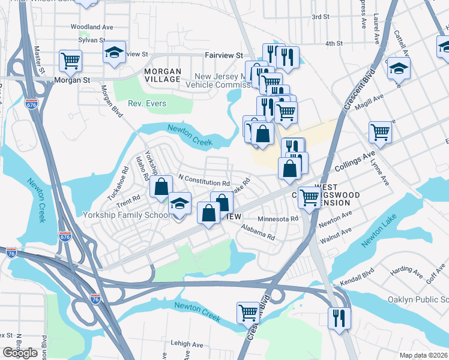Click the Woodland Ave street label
click(x=92, y=27)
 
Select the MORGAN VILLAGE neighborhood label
click(x=163, y=75)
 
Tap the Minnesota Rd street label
click(x=277, y=219)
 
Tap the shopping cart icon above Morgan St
click(x=71, y=59)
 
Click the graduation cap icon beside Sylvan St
click(x=113, y=52)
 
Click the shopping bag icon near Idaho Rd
click(x=161, y=186)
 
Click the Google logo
click(x=20, y=353)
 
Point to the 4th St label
click(x=333, y=43)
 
